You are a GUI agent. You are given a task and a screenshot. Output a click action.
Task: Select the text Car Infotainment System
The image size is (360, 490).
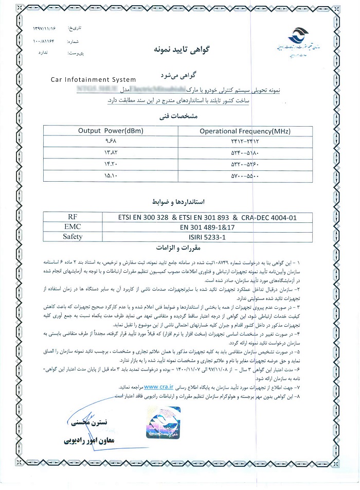point(94,80)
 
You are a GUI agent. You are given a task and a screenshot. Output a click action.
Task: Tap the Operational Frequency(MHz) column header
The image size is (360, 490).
point(244,131)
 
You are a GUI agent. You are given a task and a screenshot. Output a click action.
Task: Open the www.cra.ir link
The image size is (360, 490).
point(159,385)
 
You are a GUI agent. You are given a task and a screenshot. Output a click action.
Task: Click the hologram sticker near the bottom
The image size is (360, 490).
point(164,423)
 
